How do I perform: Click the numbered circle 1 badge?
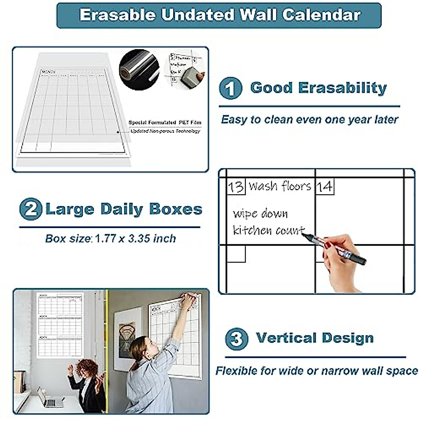point(230,89)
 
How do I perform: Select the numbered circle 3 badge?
point(236,339)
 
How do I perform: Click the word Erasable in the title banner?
point(117,15)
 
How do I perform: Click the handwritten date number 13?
point(235,186)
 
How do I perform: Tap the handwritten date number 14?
point(324,186)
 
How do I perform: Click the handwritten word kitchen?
point(252,230)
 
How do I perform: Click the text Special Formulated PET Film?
point(165,122)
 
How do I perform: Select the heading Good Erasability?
point(318,88)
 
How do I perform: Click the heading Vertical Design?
point(315,338)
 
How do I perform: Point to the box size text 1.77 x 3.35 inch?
point(135,239)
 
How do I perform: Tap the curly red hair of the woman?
point(86,367)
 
